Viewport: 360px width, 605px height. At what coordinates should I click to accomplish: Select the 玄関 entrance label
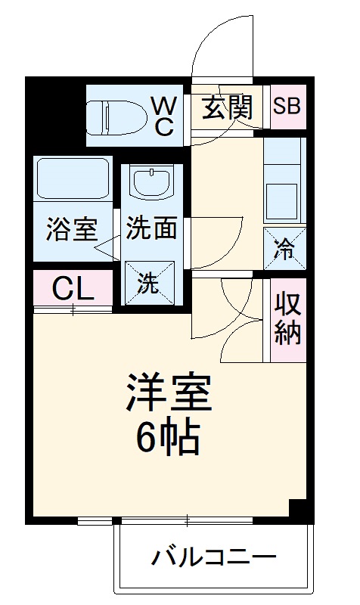tap(226, 109)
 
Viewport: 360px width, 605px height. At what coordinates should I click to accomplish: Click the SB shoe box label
tap(287, 106)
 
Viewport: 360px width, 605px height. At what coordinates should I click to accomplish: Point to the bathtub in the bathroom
tap(72, 178)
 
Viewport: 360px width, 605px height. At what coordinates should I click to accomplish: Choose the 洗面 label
tap(151, 230)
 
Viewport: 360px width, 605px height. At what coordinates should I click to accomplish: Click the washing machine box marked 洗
tap(149, 282)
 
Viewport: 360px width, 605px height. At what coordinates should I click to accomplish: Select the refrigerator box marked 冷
tap(285, 247)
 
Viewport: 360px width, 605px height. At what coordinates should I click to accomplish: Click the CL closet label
tap(73, 288)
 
